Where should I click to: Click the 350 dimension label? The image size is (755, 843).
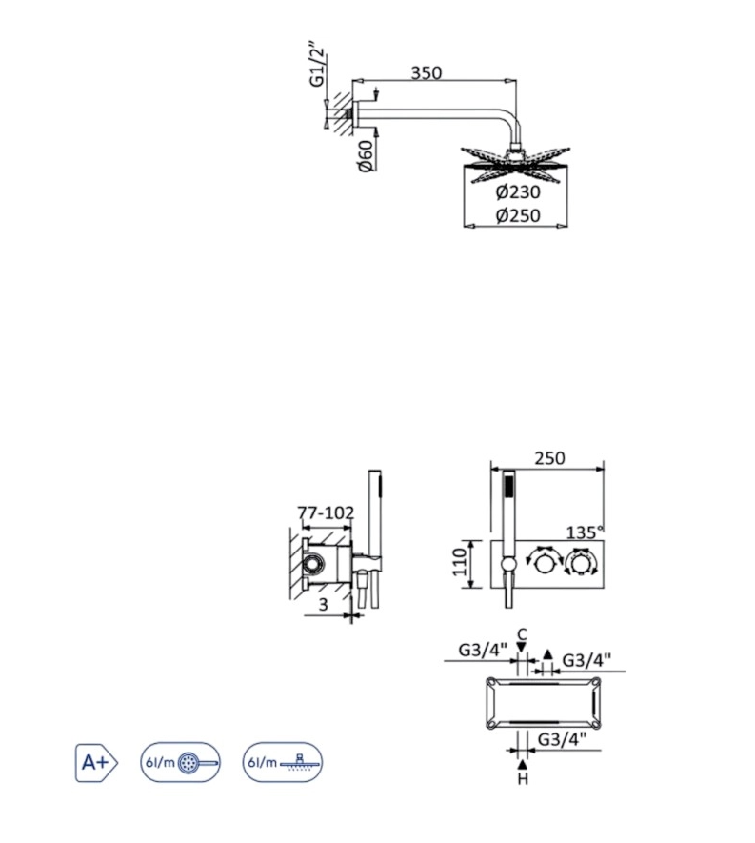427,72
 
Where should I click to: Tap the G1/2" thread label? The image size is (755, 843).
317,64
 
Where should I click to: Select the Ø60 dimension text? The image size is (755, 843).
366,155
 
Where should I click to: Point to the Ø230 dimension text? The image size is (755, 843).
518,191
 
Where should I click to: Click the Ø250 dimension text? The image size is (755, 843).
518,215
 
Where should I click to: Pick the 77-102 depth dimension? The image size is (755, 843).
326,512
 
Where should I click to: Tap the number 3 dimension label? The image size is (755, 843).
323,604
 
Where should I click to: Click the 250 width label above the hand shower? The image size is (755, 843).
549,458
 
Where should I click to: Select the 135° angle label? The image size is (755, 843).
585,532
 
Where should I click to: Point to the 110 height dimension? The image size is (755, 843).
460,562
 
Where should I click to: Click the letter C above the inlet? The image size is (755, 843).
522,634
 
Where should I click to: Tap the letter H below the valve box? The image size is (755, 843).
523,778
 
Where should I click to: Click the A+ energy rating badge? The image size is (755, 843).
96,762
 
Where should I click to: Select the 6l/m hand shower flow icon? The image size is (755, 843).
181,762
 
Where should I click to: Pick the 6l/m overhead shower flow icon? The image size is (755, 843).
283,762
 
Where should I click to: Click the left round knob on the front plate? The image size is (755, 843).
544,564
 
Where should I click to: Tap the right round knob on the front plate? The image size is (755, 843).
579,564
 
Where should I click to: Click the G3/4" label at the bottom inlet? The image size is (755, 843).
562,739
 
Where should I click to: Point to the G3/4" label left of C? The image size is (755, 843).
483,650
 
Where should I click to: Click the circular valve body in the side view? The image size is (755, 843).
312,564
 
